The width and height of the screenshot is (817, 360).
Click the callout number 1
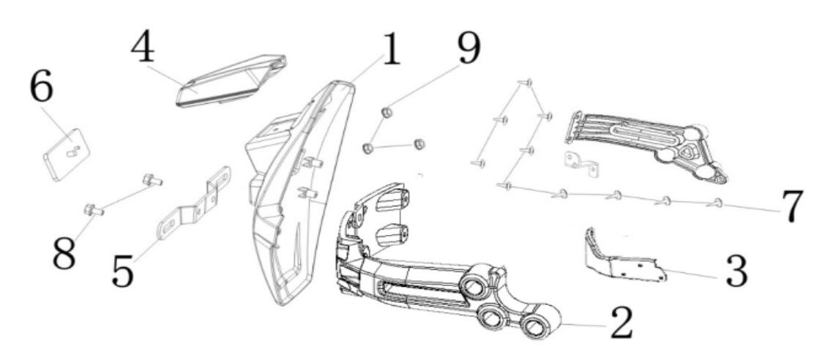pyautogui.click(x=390, y=50)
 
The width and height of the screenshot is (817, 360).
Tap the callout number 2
pyautogui.click(x=619, y=323)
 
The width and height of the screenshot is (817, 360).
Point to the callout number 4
pyautogui.click(x=143, y=50)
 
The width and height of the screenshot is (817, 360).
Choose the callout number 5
pyautogui.click(x=123, y=271)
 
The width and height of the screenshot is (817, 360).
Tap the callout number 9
pyautogui.click(x=469, y=48)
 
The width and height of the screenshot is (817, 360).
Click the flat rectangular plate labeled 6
pyautogui.click(x=66, y=154)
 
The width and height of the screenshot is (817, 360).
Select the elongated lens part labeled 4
pyautogui.click(x=231, y=81)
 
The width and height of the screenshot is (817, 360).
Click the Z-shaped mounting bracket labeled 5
pyautogui.click(x=193, y=203)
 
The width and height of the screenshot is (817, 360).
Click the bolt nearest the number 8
pyautogui.click(x=94, y=211)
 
